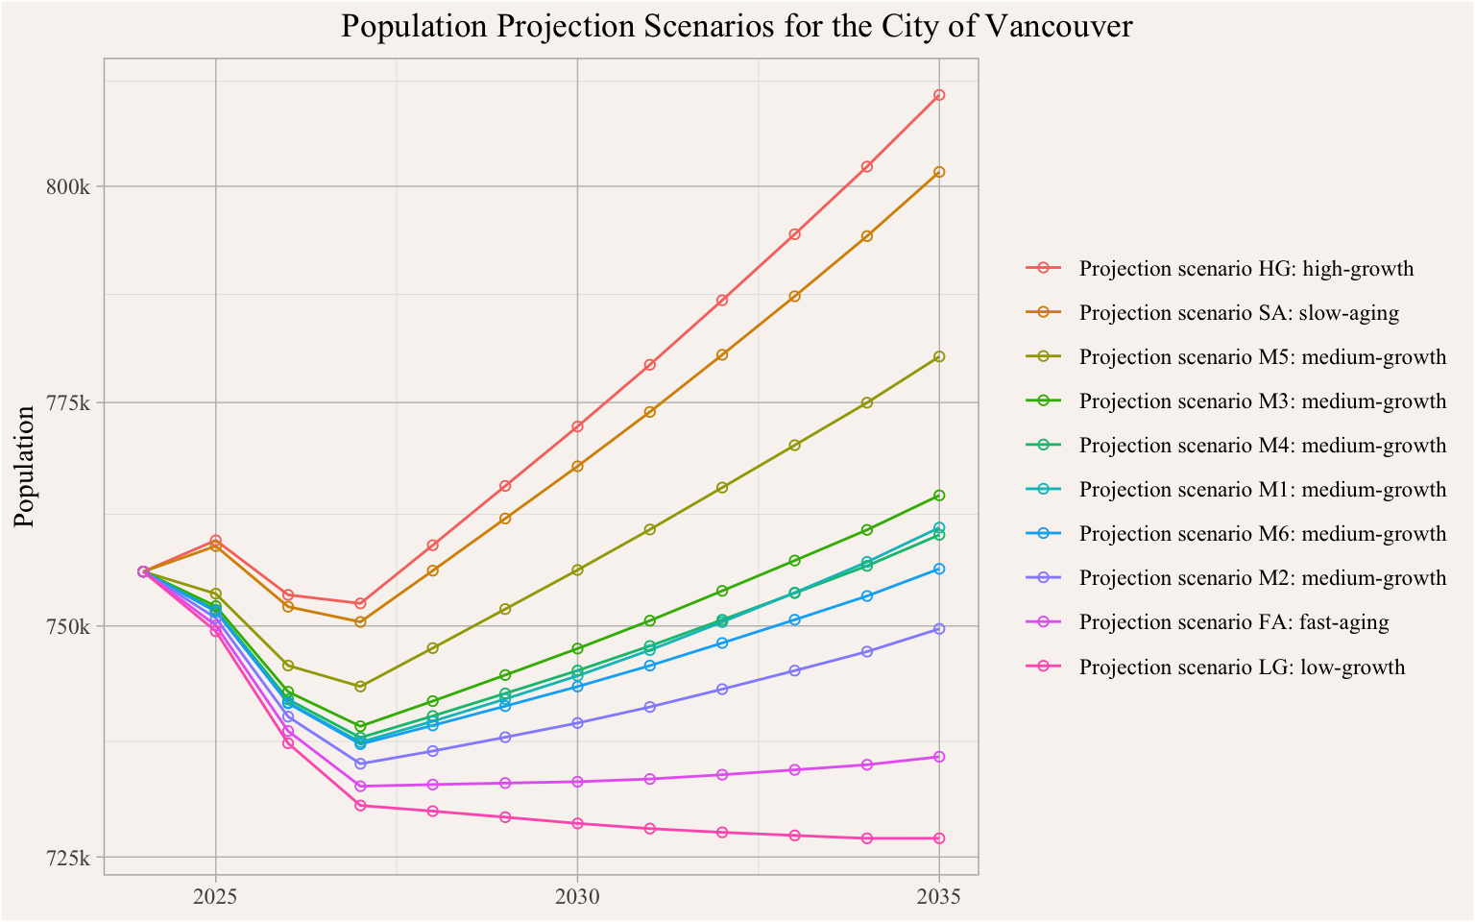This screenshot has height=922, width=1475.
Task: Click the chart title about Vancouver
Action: pos(737,26)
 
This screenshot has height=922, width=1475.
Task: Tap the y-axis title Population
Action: pos(26,466)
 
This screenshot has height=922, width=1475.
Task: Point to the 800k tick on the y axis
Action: pos(69,186)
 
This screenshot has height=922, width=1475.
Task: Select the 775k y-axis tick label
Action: pos(69,402)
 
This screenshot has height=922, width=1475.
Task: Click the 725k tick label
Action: pos(69,857)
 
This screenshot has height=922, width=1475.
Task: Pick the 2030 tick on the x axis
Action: pos(577,897)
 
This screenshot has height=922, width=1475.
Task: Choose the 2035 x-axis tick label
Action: pos(939,897)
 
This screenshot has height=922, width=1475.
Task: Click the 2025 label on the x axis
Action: pos(215,897)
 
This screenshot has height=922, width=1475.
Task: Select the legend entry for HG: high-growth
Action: pos(1246,269)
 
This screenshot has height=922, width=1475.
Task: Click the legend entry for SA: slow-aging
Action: pos(1239,313)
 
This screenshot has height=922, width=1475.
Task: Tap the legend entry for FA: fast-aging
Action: pos(1234,622)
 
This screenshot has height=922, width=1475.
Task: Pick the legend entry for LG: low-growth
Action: pos(1242,667)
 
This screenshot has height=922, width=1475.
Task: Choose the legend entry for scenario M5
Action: pos(1262,357)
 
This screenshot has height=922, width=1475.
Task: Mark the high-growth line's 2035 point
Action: pos(939,95)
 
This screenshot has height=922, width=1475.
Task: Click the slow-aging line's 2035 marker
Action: pos(939,172)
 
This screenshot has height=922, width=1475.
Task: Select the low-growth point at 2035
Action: pos(939,838)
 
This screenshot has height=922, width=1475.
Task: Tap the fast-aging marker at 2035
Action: pos(939,757)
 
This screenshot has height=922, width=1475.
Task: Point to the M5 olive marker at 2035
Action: pos(939,356)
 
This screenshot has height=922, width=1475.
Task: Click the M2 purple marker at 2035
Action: pos(939,628)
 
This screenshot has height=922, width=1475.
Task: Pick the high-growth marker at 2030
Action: pos(577,426)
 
